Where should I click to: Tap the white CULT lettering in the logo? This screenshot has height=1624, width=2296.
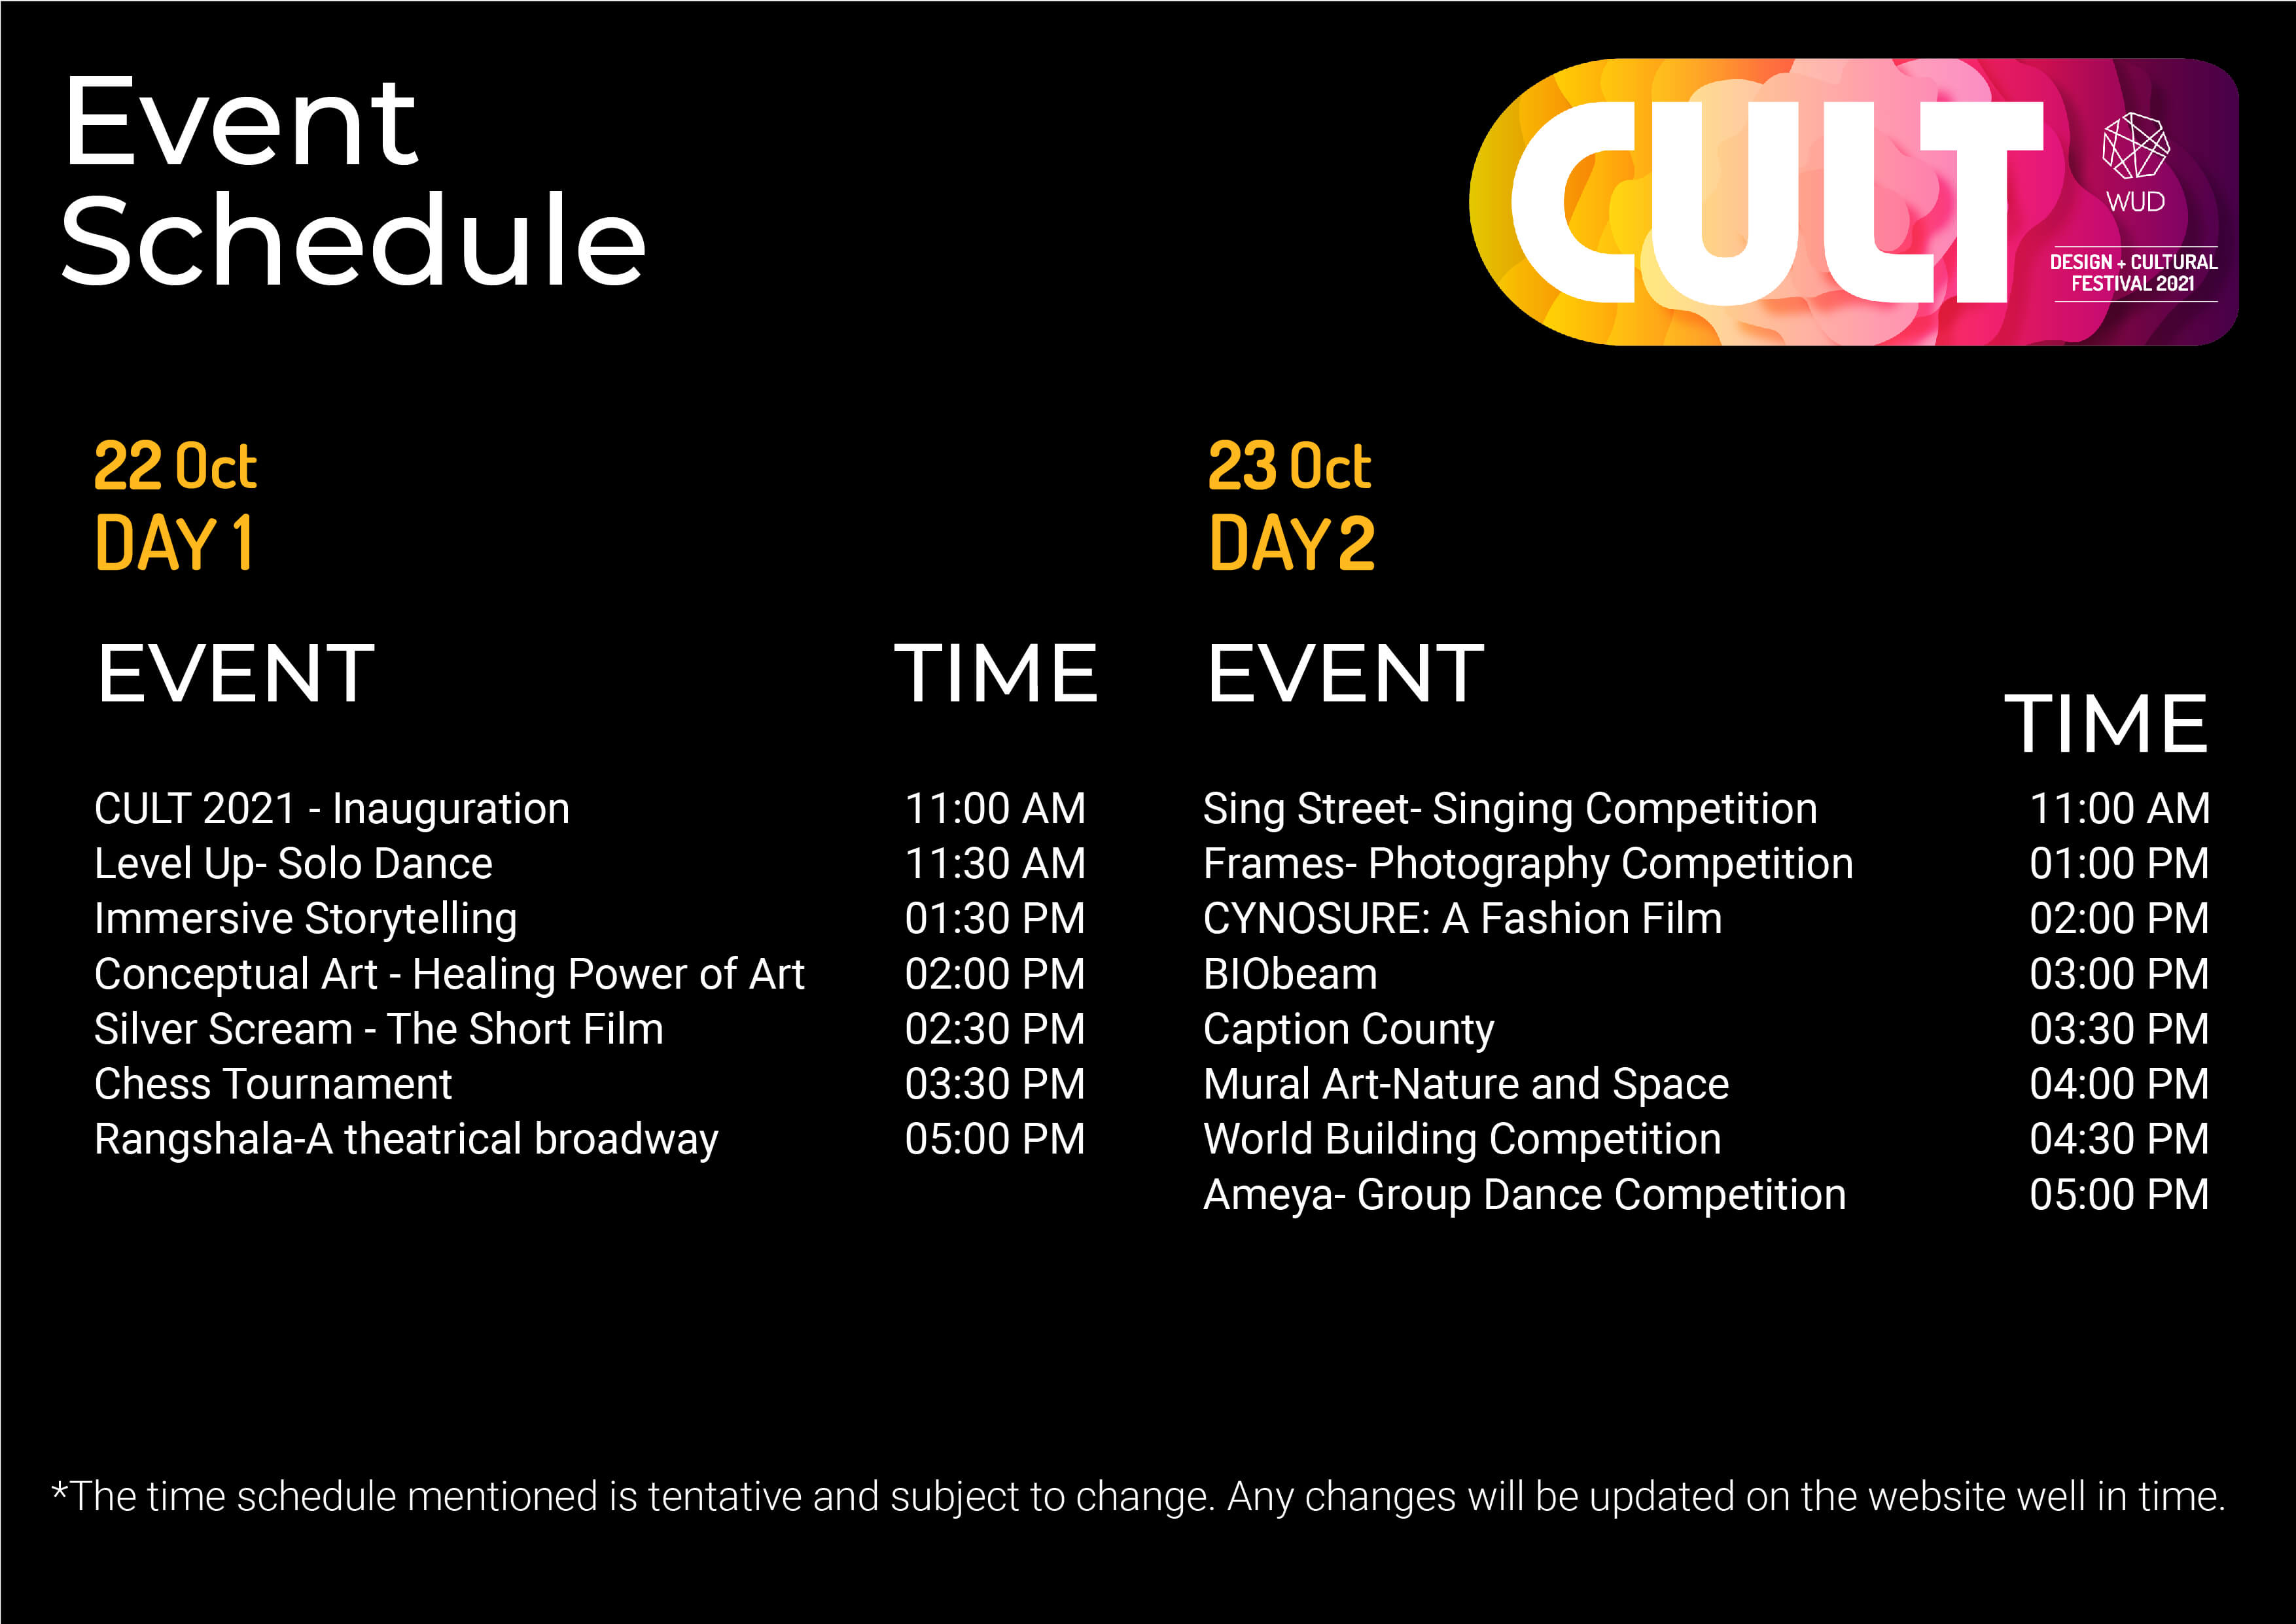(1776, 202)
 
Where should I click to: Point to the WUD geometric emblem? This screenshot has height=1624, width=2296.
(2136, 146)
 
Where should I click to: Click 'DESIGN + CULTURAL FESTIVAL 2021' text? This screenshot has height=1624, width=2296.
(2133, 273)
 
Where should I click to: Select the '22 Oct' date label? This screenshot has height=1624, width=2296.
(175, 467)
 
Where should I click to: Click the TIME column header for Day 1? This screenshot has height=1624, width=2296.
(996, 673)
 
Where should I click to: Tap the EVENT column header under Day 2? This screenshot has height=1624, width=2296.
(1345, 673)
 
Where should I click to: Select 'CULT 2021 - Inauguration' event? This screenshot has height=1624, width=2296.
(332, 808)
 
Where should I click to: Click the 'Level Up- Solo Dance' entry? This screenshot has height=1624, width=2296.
(293, 864)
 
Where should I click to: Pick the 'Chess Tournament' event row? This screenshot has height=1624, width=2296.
(273, 1084)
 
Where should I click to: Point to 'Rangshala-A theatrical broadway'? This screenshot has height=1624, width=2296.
(406, 1140)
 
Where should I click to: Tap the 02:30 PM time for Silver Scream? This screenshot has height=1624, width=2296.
(995, 1029)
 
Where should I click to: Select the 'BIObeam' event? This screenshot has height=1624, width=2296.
(1290, 974)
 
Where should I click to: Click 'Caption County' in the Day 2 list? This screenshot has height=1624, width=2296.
(1349, 1030)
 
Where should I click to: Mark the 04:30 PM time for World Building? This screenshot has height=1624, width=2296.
(2119, 1139)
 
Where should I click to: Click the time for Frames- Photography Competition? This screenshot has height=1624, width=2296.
(2119, 864)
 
